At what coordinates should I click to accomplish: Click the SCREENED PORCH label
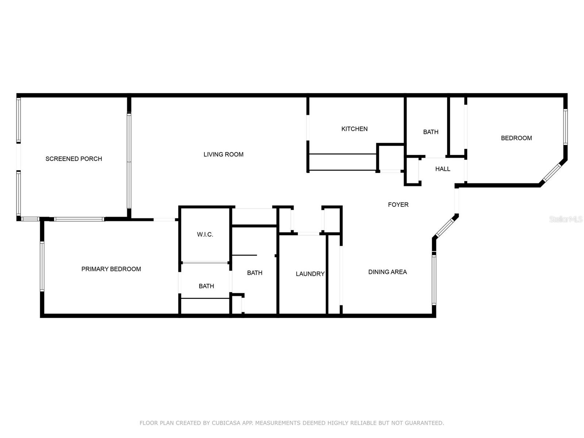click(74, 159)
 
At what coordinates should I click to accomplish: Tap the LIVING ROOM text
click(223, 154)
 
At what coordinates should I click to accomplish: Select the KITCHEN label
click(354, 129)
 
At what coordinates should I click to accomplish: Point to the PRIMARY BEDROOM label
click(111, 269)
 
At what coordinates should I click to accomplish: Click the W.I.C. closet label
click(205, 234)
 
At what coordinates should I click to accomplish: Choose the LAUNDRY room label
click(310, 274)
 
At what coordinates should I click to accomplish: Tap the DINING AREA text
click(387, 272)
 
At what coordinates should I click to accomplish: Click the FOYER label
click(398, 205)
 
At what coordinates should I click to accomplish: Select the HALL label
click(442, 169)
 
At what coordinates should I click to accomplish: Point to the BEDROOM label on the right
click(516, 138)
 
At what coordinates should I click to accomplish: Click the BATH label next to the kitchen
click(431, 132)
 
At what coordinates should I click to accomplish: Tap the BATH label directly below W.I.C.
click(206, 286)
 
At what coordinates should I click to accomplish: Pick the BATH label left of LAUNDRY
click(254, 273)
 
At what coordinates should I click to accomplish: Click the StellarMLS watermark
click(565, 219)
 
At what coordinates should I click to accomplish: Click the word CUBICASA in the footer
click(226, 423)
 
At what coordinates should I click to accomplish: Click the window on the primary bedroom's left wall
click(42, 266)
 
